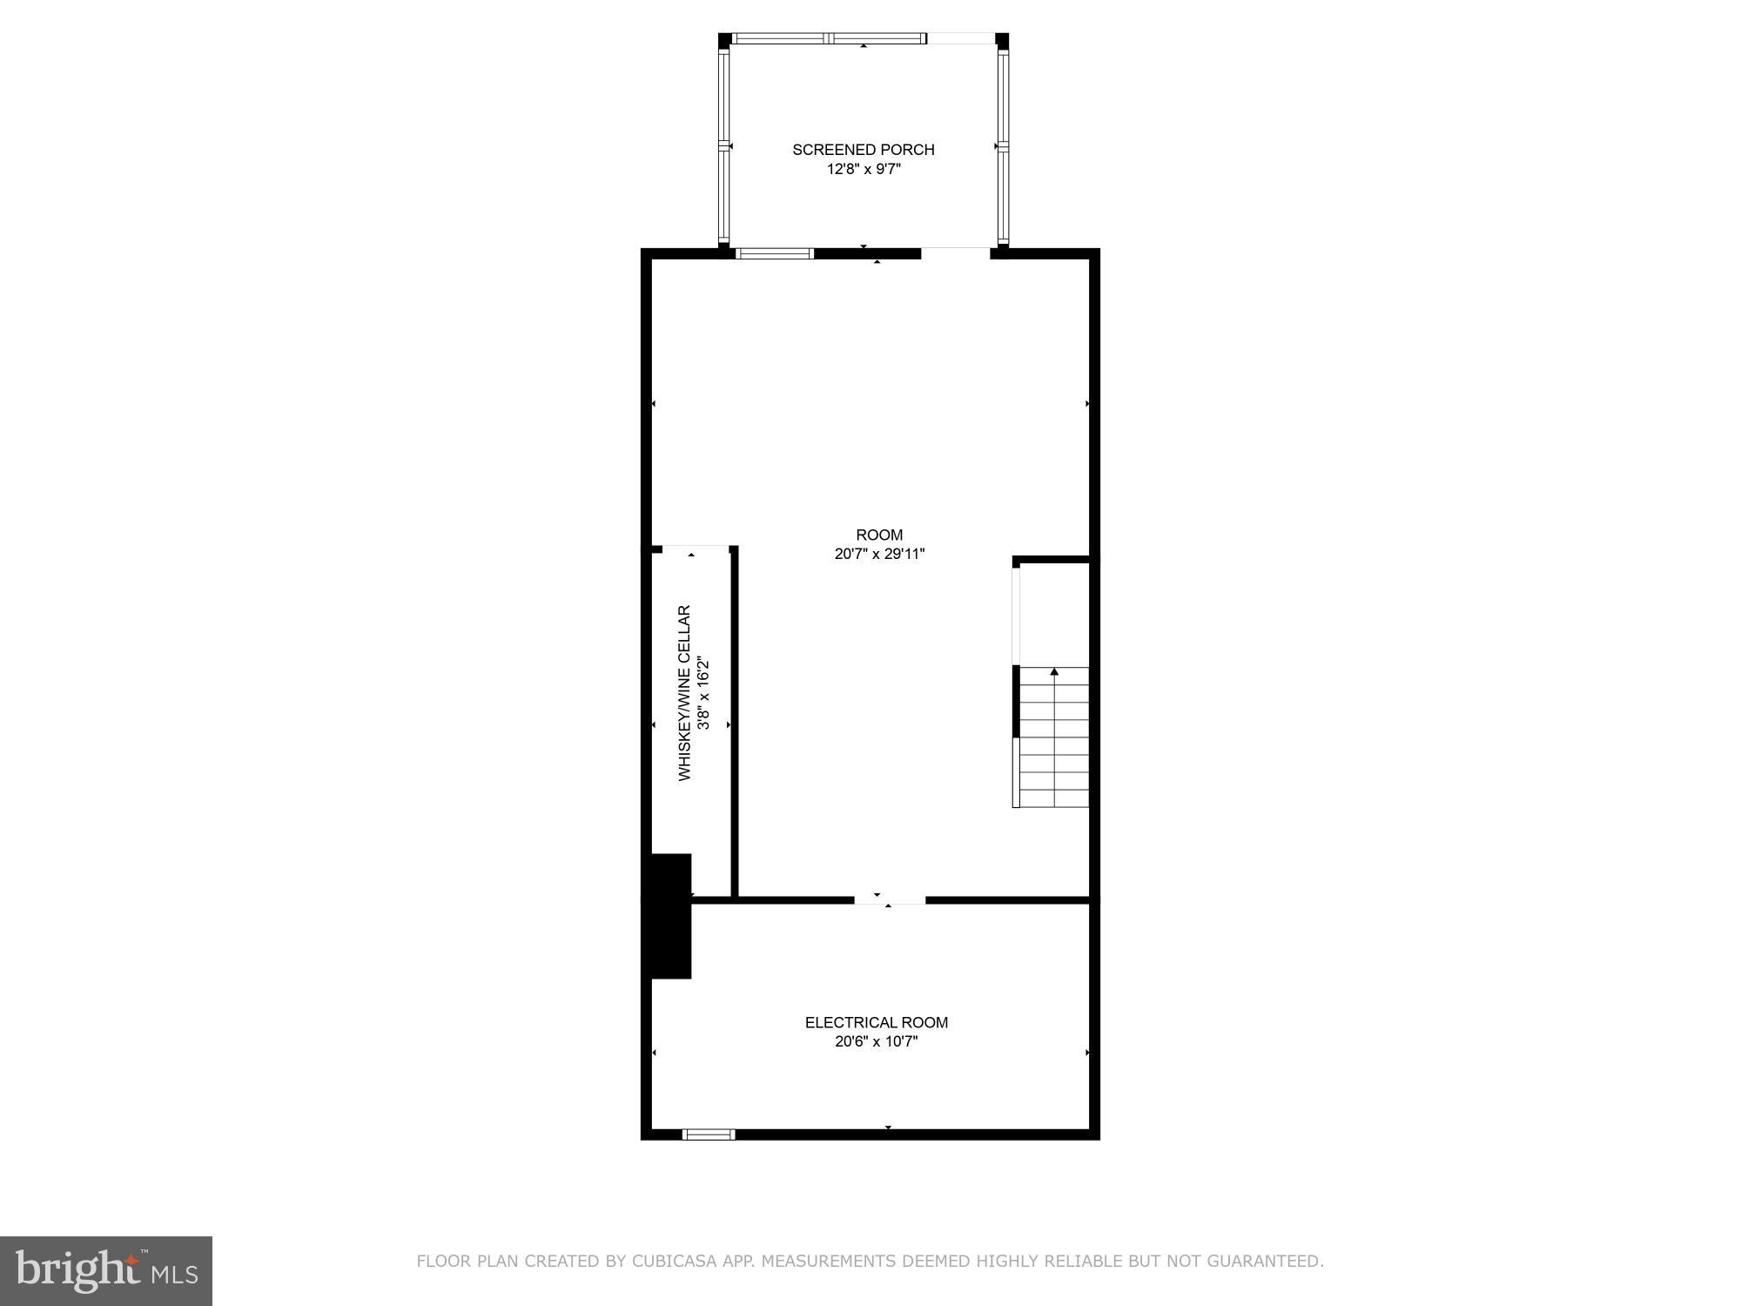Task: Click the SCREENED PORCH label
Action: (x=863, y=150)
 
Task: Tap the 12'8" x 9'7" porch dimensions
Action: (x=863, y=169)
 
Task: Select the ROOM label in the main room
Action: (x=879, y=535)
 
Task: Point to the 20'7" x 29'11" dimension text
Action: (x=879, y=554)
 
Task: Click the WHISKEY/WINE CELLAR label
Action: (x=685, y=693)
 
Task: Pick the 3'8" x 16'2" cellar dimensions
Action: (x=704, y=694)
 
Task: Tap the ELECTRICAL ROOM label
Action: (x=876, y=1022)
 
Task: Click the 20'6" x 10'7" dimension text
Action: (x=876, y=1041)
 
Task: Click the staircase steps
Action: (x=1054, y=740)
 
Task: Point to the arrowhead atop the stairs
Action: (x=1054, y=671)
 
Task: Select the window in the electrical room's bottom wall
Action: (x=709, y=1134)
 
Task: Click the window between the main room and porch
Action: (x=774, y=254)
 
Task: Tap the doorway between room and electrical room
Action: (x=889, y=899)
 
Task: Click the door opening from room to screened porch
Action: (x=955, y=253)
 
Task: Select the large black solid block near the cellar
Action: (x=669, y=916)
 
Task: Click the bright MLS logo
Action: (x=106, y=1271)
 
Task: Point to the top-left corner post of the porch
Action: (x=724, y=40)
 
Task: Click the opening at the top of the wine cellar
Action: (x=695, y=549)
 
